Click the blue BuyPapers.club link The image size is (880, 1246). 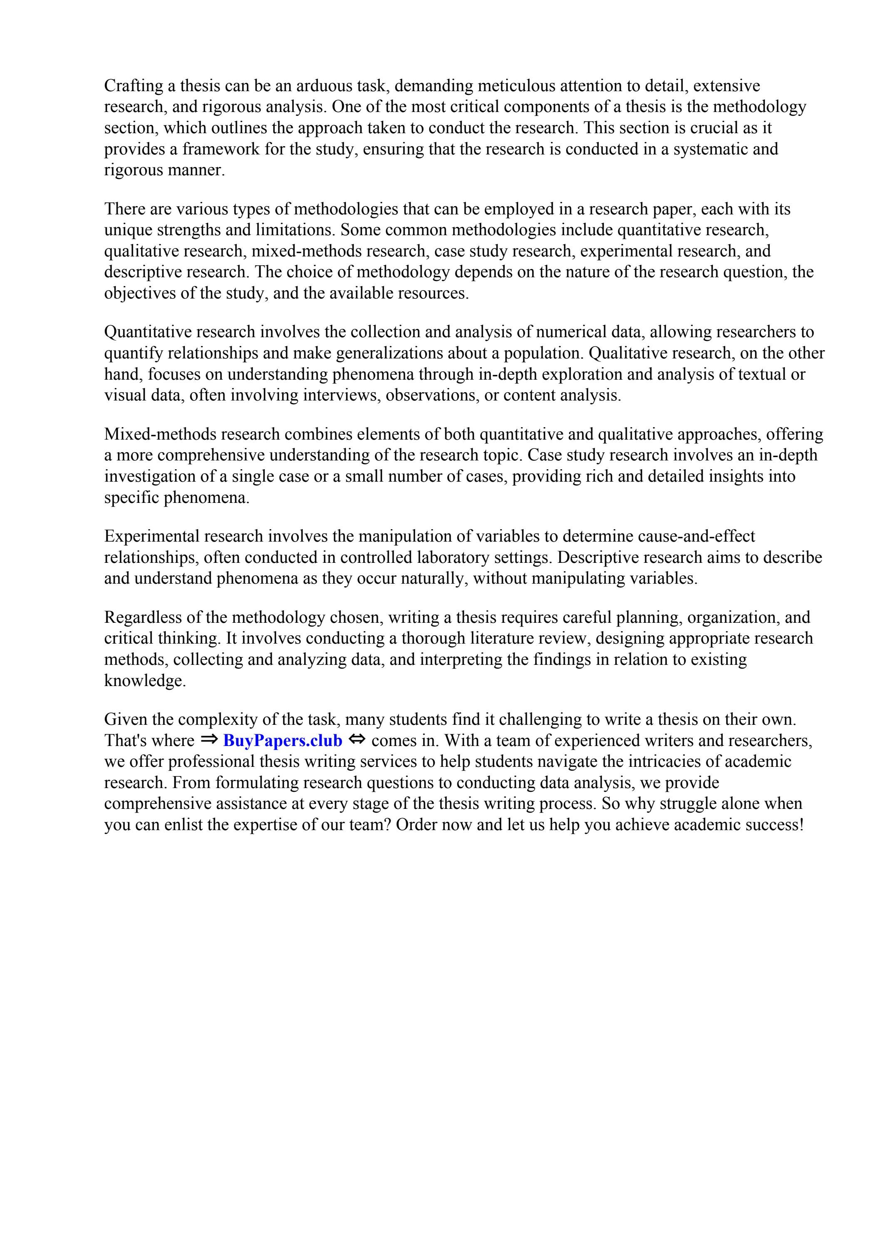pos(283,741)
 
